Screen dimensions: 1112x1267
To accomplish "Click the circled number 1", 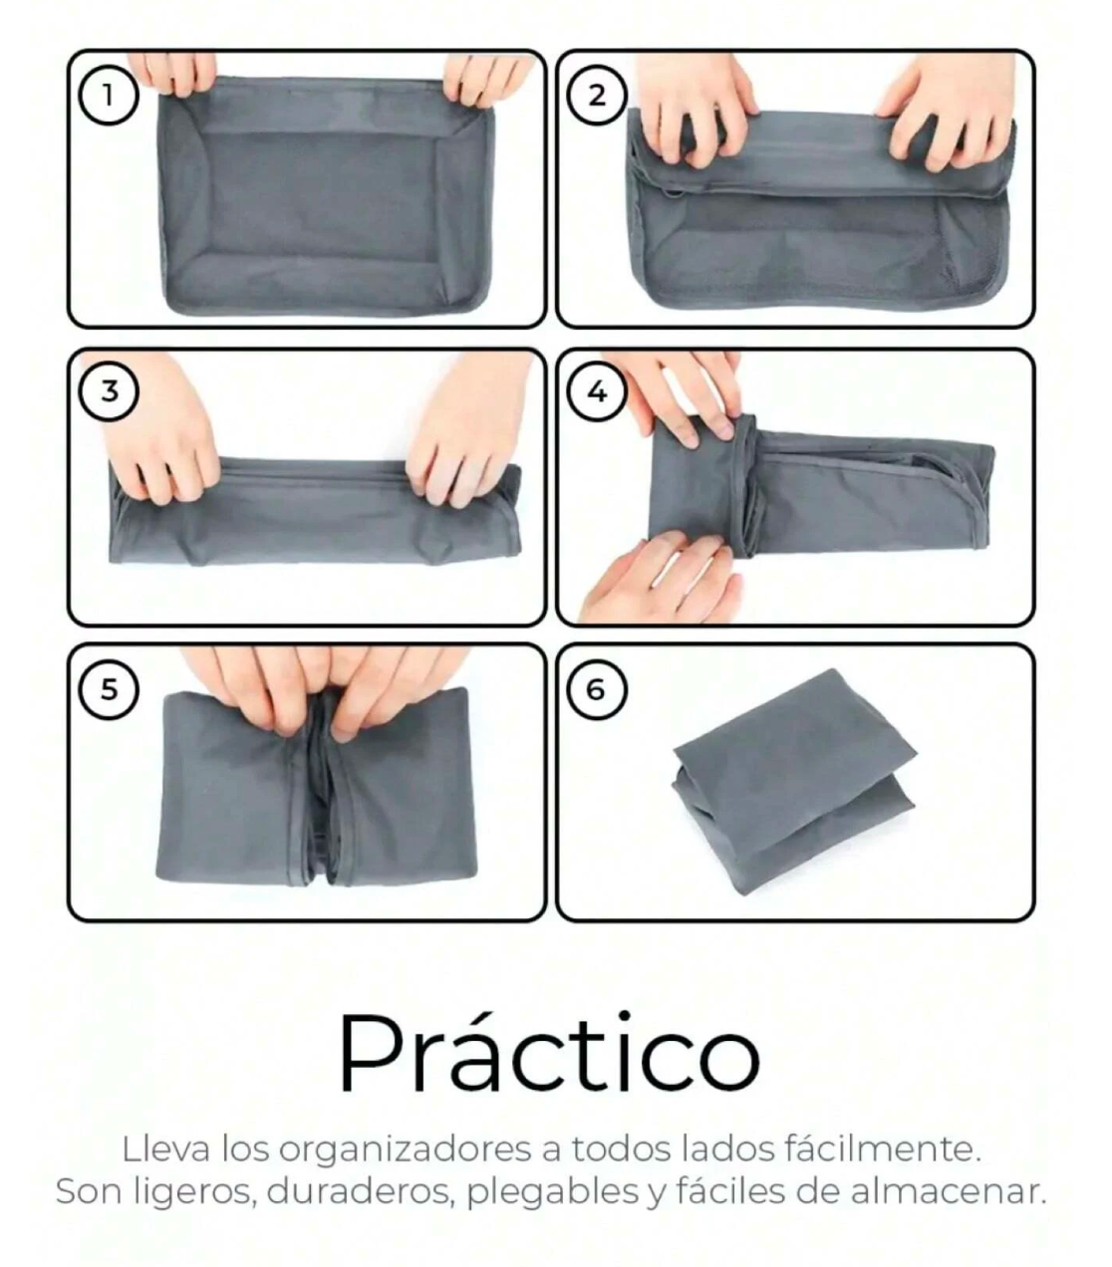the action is click(x=108, y=97).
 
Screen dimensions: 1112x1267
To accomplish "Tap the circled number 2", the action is click(x=597, y=97).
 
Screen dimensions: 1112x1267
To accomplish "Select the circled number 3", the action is click(x=109, y=391).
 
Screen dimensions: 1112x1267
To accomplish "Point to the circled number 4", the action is click(x=597, y=391).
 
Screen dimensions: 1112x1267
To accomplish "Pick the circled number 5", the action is click(x=109, y=689).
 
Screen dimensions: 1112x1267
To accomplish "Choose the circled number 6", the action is click(x=597, y=689).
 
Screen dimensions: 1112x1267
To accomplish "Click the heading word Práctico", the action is click(x=549, y=1053).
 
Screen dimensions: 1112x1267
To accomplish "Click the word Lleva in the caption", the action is click(x=165, y=1149).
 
